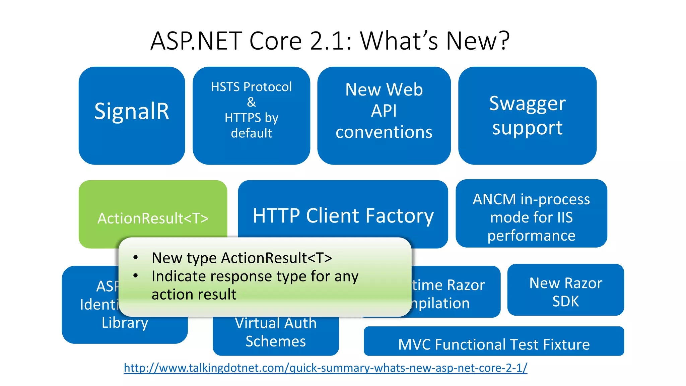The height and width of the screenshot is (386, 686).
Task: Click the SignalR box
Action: click(132, 112)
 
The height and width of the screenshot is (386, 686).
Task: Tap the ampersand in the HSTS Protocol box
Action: click(251, 102)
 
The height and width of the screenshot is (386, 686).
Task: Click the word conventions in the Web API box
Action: click(384, 132)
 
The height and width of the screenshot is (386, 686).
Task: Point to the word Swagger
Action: click(527, 104)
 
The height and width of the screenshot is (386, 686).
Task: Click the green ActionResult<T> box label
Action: click(153, 218)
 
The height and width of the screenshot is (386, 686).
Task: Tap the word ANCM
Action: click(494, 199)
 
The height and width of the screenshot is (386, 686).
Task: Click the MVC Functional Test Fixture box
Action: click(494, 344)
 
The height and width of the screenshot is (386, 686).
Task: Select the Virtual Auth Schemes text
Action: click(275, 332)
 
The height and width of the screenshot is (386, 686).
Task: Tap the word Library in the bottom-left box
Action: click(125, 323)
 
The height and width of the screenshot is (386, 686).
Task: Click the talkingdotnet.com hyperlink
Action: click(325, 368)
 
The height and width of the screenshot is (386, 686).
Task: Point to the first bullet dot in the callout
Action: click(135, 257)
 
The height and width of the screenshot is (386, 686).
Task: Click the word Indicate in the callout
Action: click(179, 276)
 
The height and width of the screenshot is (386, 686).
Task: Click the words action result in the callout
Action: click(194, 295)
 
